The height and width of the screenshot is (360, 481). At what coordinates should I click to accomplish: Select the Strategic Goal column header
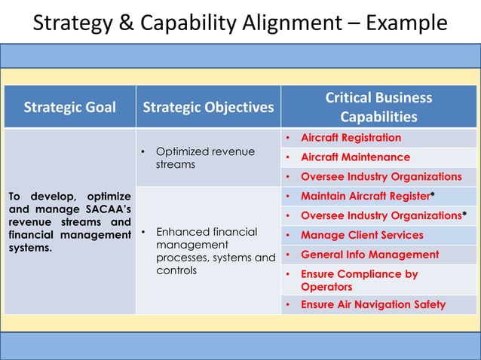pos(70,107)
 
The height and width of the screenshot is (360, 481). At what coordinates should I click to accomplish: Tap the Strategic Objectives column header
pos(208,107)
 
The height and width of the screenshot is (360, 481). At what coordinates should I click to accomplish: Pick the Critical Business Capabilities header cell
pos(378,107)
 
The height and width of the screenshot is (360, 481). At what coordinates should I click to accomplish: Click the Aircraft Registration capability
pos(351,138)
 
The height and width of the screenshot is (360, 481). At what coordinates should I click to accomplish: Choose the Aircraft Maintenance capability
pos(355,157)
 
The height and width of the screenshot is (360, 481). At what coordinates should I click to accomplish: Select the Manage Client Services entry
pos(362,235)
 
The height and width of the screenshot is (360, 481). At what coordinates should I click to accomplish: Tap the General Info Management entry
pos(369,255)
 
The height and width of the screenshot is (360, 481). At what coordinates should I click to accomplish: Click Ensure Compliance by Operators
pos(359,280)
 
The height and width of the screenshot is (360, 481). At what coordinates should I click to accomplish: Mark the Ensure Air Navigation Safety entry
pos(373,305)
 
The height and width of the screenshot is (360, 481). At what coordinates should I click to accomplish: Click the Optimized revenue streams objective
pos(205,157)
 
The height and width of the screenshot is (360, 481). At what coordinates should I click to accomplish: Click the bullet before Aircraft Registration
pos(289,139)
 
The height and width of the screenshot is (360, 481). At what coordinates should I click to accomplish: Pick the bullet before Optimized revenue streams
pos(142,153)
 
